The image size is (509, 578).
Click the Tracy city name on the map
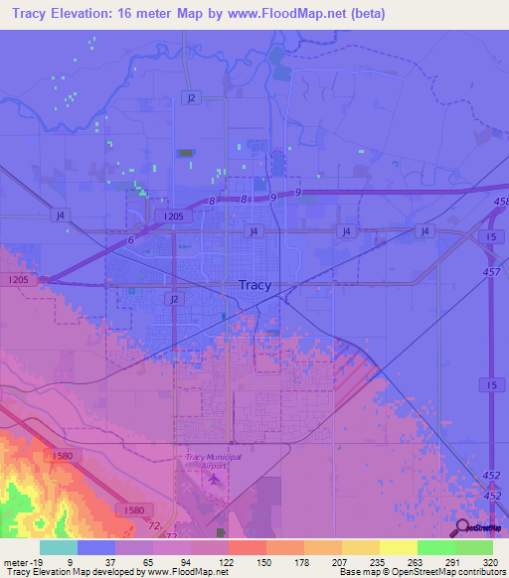[x=254, y=285]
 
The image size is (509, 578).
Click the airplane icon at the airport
[x=215, y=481]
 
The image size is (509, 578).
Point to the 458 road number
[x=500, y=202]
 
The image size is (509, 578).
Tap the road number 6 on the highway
[x=130, y=241]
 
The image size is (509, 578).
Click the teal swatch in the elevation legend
[x=59, y=546]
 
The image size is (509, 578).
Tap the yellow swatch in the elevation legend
[x=398, y=546]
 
